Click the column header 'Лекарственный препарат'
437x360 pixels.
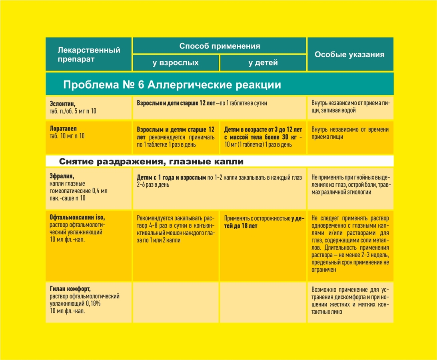(x=89, y=55)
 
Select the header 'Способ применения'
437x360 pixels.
(x=219, y=46)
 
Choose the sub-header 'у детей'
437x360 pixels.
(x=263, y=63)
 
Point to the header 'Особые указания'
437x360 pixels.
(x=350, y=55)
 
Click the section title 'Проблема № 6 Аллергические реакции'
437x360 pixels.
(x=172, y=85)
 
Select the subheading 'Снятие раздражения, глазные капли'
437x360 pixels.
(x=152, y=161)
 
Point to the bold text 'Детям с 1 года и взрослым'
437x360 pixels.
(x=171, y=177)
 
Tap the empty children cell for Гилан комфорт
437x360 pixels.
(x=263, y=302)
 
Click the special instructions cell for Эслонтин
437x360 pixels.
(x=350, y=107)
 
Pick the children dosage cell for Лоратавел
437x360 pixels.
(x=263, y=137)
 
